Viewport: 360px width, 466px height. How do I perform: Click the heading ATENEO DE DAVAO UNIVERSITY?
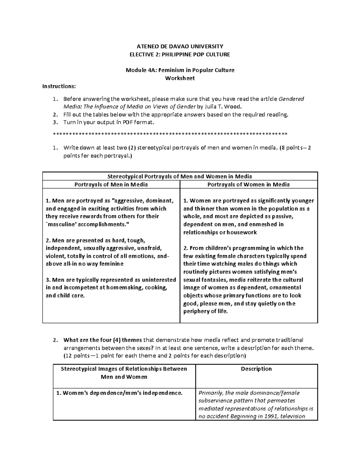[x=180, y=46]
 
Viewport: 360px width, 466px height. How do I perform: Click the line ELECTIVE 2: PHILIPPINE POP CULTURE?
[x=180, y=54]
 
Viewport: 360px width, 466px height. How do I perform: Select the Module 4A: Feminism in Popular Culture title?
[x=180, y=70]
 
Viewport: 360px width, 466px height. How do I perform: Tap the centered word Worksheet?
[x=180, y=78]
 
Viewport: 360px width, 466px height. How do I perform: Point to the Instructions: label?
[x=59, y=86]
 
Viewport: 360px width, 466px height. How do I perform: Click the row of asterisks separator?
[x=170, y=134]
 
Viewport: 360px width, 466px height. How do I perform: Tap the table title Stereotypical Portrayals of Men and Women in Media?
[x=180, y=176]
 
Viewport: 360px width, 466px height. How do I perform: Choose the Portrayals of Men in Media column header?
[x=111, y=185]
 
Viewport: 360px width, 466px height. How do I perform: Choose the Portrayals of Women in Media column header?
[x=248, y=185]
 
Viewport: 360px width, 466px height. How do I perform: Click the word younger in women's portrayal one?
[x=304, y=201]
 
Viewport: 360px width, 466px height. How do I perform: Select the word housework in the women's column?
[x=242, y=232]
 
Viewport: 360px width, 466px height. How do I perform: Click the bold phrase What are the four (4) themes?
[x=103, y=340]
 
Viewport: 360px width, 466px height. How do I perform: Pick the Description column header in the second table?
[x=256, y=369]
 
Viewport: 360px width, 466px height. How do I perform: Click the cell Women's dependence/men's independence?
[x=119, y=393]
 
